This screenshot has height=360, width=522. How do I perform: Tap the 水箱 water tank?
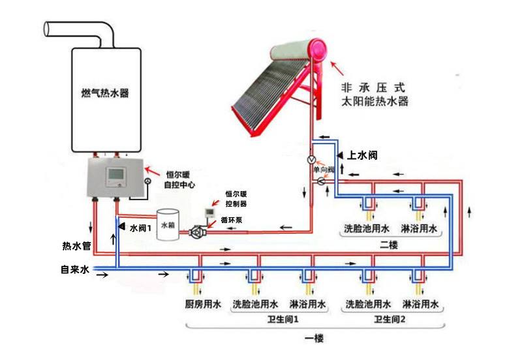tap(169, 224)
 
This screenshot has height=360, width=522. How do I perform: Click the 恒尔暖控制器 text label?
tap(236, 199)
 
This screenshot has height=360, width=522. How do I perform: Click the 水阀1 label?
tap(140, 229)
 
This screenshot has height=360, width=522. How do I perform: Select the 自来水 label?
tap(73, 269)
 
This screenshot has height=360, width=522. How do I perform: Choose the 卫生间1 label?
tap(281, 320)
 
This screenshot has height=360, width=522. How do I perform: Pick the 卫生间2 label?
tap(390, 320)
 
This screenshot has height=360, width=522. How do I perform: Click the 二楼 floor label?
tap(390, 244)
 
